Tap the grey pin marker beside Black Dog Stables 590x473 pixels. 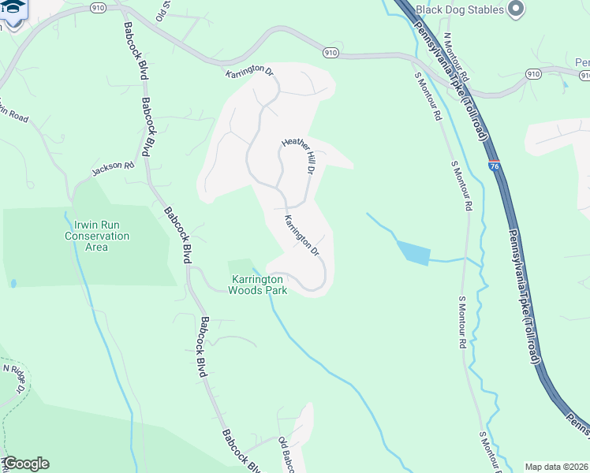pos(517,9)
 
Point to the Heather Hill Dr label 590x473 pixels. pos(300,156)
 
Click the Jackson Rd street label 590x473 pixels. pos(113,167)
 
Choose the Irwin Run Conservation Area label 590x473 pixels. pos(96,236)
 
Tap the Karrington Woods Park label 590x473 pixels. pos(257,285)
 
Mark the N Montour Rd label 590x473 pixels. pos(456,58)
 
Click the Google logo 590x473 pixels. pos(25,464)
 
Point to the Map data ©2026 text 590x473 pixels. pos(556,467)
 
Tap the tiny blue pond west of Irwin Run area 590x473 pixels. pos(13,283)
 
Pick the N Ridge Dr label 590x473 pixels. pos(15,378)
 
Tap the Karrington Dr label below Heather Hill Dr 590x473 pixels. pos(301,236)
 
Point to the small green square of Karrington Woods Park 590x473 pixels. pos(241,266)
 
